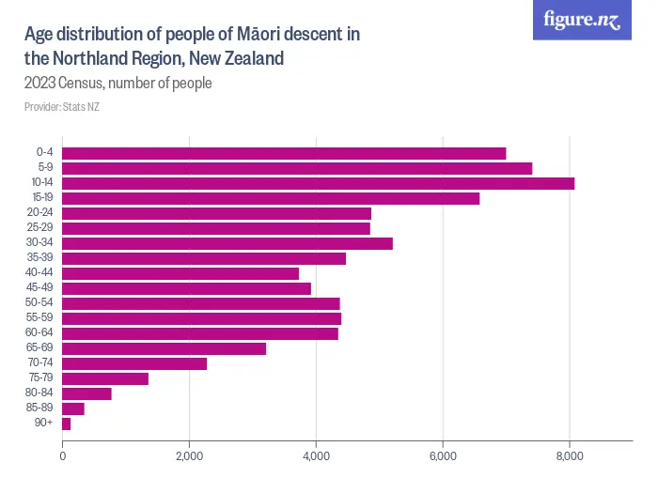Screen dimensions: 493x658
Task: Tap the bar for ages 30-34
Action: pos(227,243)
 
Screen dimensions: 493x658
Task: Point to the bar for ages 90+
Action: pos(66,424)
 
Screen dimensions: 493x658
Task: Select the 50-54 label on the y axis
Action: pos(41,303)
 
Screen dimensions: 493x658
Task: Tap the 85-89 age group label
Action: pos(41,408)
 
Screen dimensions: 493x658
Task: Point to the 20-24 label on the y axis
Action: pos(41,213)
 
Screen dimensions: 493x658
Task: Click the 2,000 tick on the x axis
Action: pos(190,456)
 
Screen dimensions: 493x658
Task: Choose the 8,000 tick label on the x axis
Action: pos(571,456)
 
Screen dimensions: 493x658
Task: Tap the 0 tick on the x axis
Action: pos(62,456)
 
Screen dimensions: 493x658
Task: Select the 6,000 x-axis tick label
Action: pos(444,456)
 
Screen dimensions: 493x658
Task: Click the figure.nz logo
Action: pos(583,20)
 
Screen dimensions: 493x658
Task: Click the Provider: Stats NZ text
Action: pos(62,107)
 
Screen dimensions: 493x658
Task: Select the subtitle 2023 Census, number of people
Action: pos(118,84)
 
